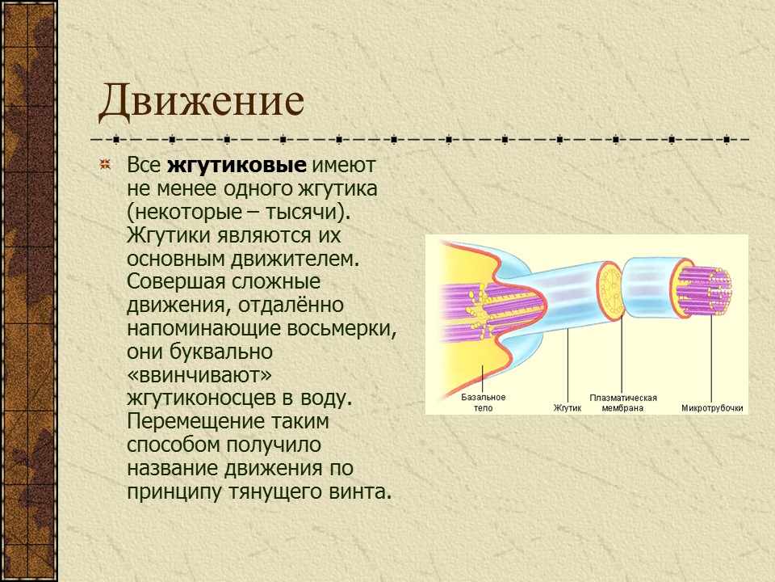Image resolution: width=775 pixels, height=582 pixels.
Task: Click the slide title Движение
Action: (201, 102)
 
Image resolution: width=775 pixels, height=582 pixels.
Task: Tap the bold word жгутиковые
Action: (237, 166)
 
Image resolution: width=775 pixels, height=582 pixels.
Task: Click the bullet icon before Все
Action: (104, 166)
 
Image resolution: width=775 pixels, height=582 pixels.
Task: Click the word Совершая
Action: (170, 283)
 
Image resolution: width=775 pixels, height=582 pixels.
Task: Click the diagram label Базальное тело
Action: (483, 403)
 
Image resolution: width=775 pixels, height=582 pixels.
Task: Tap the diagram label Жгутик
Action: (568, 408)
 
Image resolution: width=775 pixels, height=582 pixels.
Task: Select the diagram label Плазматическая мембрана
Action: (622, 403)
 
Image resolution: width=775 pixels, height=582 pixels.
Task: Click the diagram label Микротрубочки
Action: (712, 408)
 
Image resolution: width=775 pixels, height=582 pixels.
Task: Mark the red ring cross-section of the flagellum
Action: (610, 289)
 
